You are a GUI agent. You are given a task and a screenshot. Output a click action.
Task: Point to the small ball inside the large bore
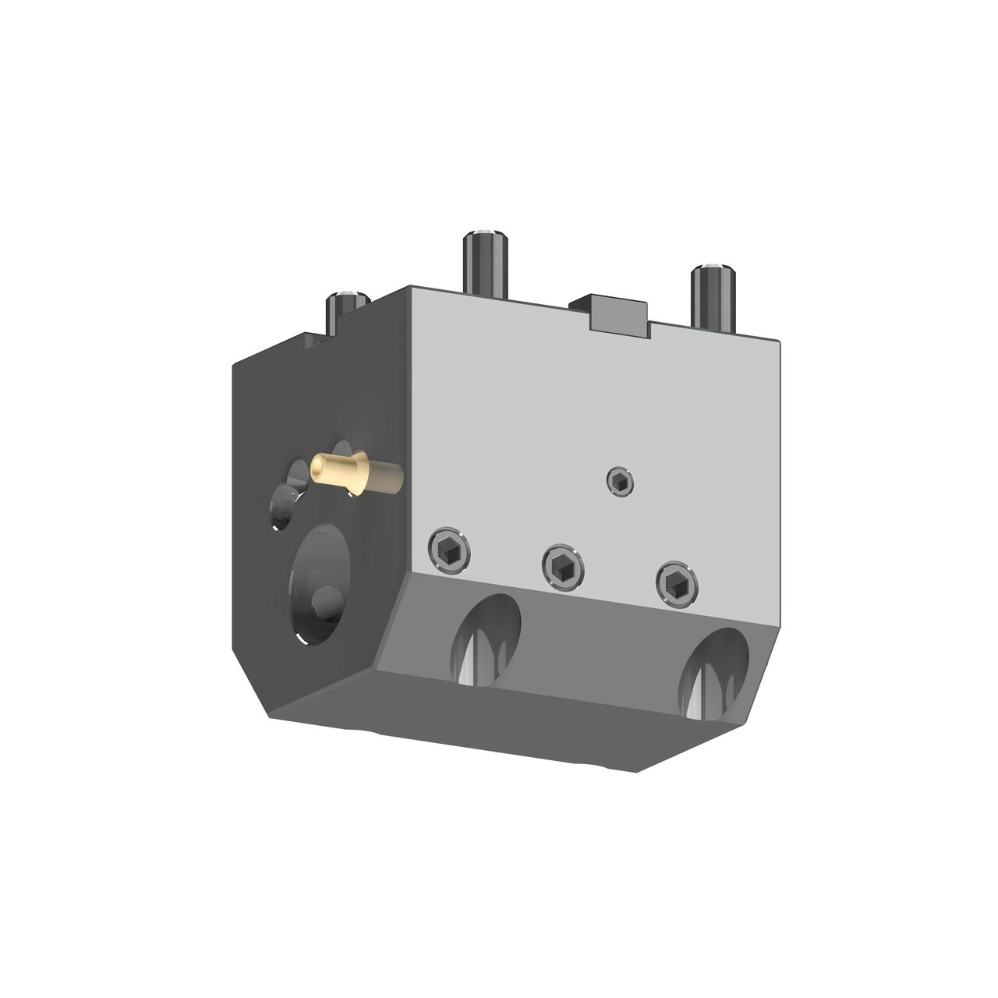(x=326, y=602)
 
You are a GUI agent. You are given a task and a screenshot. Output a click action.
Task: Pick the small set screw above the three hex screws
(x=620, y=482)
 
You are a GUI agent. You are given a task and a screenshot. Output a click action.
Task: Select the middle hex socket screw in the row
(x=564, y=564)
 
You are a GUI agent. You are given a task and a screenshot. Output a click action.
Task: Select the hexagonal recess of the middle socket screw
(x=564, y=564)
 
